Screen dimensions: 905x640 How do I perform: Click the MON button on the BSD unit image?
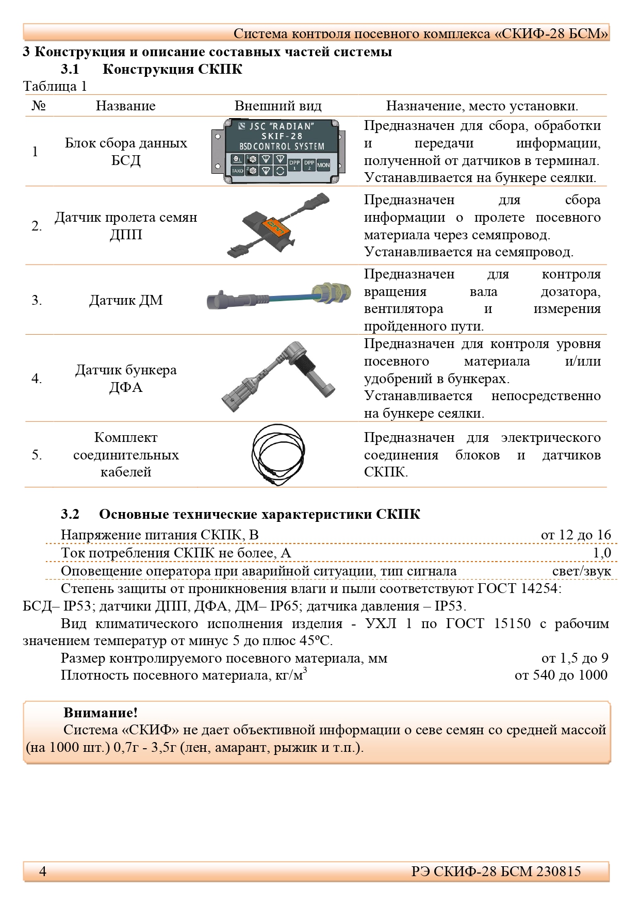323,165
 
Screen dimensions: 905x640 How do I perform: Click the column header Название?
125,106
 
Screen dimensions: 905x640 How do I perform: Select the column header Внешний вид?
278,106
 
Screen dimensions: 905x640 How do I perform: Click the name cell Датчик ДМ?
126,300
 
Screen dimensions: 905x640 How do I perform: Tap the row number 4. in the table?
37,379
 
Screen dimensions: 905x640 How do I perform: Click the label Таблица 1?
55,86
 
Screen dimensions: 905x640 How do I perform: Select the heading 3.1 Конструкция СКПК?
152,69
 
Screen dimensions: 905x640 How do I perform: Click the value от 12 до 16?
576,535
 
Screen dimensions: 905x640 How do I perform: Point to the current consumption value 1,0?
601,553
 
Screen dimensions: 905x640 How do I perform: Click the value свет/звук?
581,571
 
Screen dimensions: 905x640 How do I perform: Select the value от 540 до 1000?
561,675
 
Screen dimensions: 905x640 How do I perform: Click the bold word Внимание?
101,713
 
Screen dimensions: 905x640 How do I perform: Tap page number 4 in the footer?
43,871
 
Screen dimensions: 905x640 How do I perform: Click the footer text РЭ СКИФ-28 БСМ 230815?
496,871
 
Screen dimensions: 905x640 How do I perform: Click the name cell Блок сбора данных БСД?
126,152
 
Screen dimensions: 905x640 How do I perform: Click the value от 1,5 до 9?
575,658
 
